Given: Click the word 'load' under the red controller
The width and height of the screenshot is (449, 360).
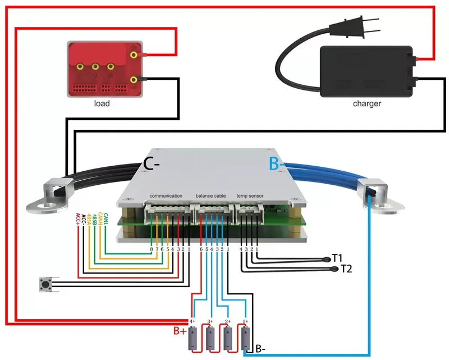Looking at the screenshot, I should click(x=102, y=103).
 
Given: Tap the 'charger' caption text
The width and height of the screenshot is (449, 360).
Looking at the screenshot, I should click(x=367, y=103).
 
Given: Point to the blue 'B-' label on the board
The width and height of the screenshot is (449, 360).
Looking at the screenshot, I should click(x=274, y=163).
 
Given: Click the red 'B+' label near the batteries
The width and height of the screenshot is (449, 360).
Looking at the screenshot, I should click(x=180, y=331).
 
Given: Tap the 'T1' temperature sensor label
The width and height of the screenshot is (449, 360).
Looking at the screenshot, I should click(x=337, y=258).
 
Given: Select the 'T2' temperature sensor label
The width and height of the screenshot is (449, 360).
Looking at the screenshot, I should click(x=346, y=269).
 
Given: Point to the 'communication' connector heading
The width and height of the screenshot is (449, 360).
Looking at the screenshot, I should click(x=166, y=195).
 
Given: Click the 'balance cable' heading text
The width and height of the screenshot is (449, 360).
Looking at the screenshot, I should click(x=210, y=195).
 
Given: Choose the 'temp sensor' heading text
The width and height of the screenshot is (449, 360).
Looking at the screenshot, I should click(x=250, y=195).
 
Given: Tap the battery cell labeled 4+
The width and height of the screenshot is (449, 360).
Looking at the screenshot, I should click(x=194, y=337).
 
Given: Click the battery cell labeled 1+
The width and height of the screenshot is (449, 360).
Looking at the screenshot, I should click(x=245, y=337).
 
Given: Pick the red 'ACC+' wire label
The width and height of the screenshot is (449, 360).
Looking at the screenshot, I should click(x=77, y=220).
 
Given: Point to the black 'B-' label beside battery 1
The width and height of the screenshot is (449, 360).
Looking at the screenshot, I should click(x=260, y=348).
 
